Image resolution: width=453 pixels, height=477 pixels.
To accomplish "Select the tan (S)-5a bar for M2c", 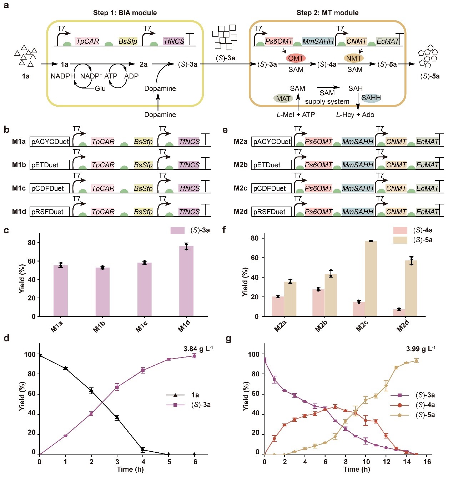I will pyautogui.click(x=371, y=279).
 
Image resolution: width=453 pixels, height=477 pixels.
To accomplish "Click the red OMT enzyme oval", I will pyautogui.click(x=296, y=58).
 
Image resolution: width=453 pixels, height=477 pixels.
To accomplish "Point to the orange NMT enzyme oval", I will pyautogui.click(x=353, y=58).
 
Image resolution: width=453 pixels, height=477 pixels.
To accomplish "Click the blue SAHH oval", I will pyautogui.click(x=371, y=98).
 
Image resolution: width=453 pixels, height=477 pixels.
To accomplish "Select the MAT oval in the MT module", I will pyautogui.click(x=283, y=98).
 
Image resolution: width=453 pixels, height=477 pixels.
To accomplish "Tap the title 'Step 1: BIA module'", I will pyautogui.click(x=125, y=13).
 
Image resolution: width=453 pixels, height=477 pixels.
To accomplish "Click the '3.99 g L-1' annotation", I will pyautogui.click(x=421, y=349).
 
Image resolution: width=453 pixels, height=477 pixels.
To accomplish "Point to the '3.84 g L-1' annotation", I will pyautogui.click(x=198, y=349).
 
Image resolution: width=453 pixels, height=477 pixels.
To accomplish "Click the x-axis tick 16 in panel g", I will pyautogui.click(x=427, y=462).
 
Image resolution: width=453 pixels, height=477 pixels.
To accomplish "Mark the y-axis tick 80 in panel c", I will pyautogui.click(x=32, y=243).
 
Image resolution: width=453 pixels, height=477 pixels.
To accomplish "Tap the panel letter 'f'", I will pyautogui.click(x=224, y=230).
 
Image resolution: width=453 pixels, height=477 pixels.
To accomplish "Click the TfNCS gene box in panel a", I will pyautogui.click(x=174, y=41).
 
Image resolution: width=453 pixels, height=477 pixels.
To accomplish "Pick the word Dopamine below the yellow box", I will pyautogui.click(x=160, y=115).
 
